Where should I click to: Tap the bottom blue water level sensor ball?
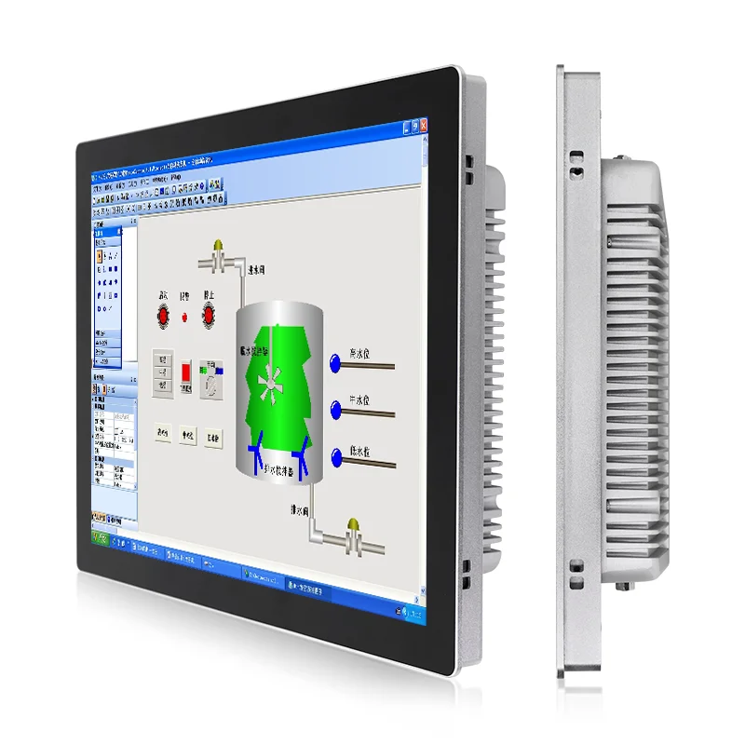336,455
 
